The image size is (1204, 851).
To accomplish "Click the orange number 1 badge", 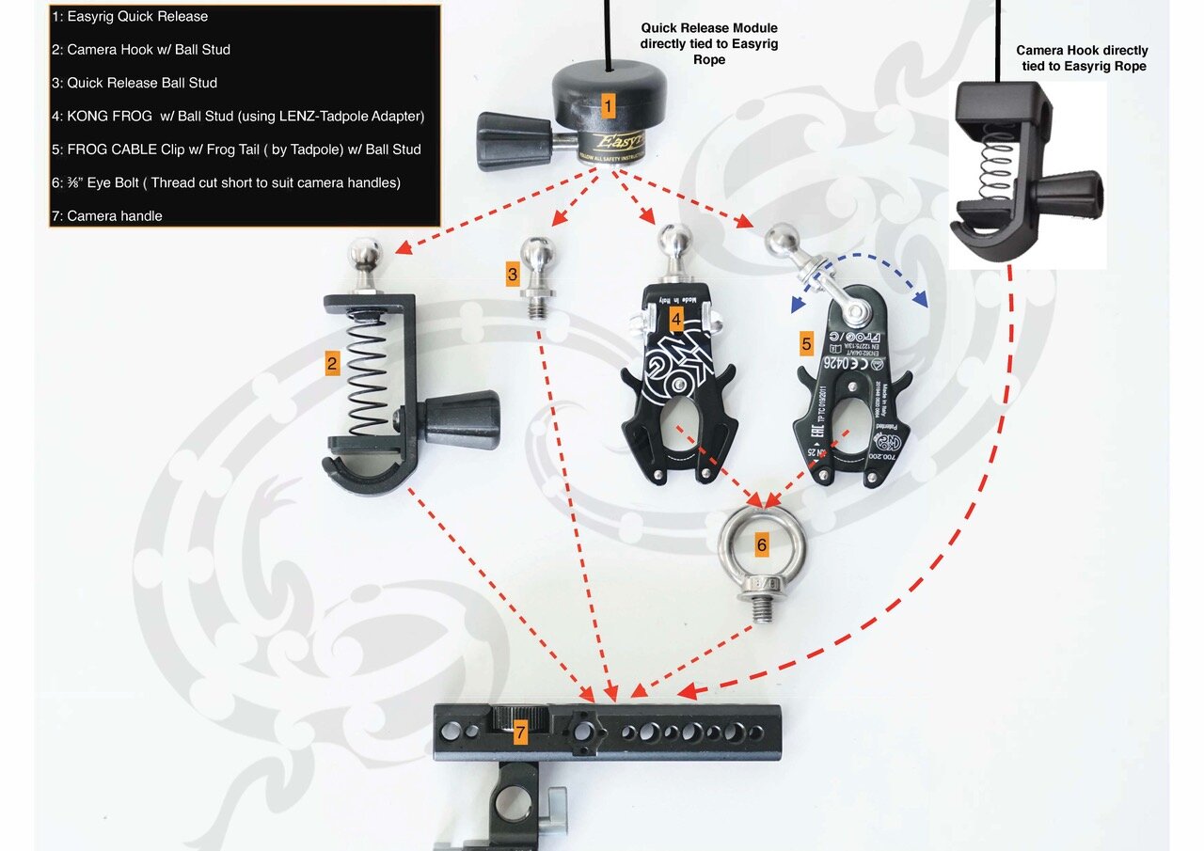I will [608, 106].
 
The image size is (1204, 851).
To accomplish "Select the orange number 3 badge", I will [513, 275].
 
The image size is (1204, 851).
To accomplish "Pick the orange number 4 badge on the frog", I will [675, 321].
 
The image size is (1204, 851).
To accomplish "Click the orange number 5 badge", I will [806, 343].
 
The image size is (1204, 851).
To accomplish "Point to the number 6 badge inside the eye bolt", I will [761, 544].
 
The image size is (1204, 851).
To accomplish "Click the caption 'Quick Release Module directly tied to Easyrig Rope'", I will [709, 43].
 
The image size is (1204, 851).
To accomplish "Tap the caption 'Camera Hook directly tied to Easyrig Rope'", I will [1082, 58].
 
